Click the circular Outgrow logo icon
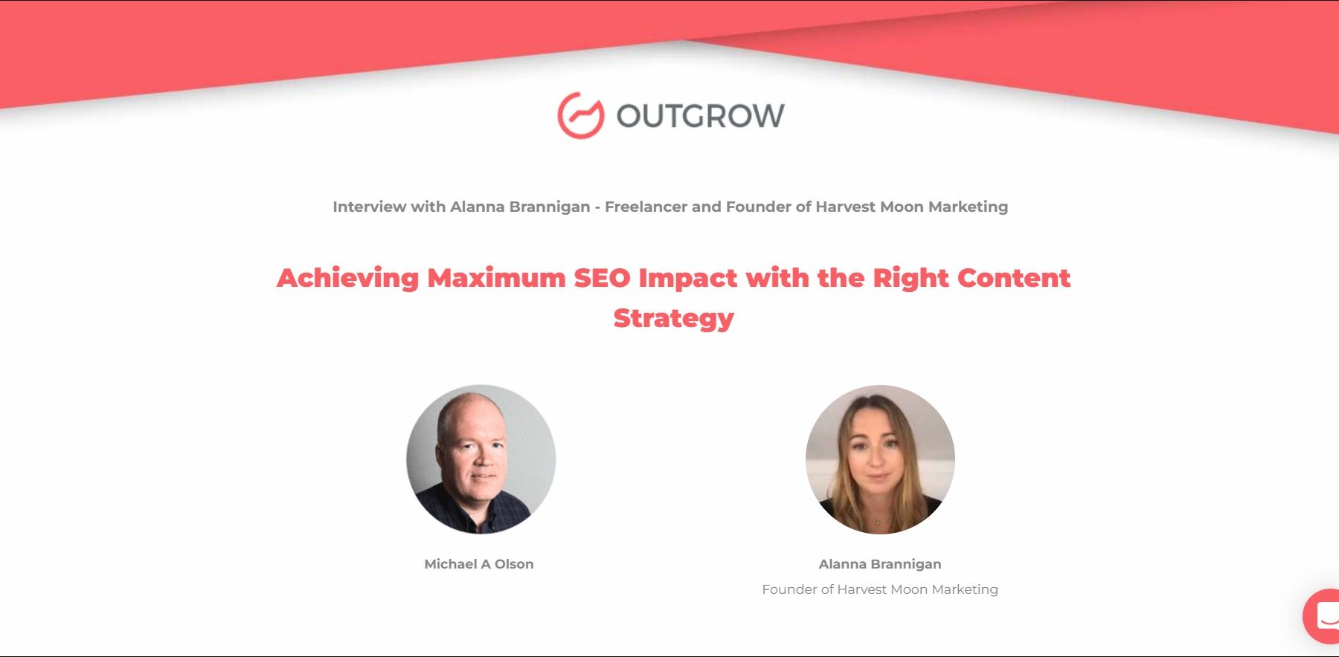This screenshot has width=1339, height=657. (581, 115)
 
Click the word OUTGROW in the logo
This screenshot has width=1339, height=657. (701, 116)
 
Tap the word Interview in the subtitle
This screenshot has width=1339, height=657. (370, 207)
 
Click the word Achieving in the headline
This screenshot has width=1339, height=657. (348, 278)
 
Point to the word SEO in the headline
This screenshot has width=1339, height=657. (602, 278)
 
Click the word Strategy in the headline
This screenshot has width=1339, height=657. (673, 318)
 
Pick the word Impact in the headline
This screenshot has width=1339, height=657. (688, 279)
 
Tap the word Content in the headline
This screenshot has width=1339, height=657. (1014, 278)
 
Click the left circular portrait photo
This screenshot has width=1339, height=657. (481, 459)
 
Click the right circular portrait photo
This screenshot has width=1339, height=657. (880, 459)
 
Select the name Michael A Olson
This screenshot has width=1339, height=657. (479, 564)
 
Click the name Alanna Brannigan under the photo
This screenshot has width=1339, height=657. (880, 564)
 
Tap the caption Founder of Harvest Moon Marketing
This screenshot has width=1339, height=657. (880, 589)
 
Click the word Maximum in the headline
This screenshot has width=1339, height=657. (496, 278)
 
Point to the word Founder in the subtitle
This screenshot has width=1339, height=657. (759, 207)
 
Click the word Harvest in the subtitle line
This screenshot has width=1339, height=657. (845, 207)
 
